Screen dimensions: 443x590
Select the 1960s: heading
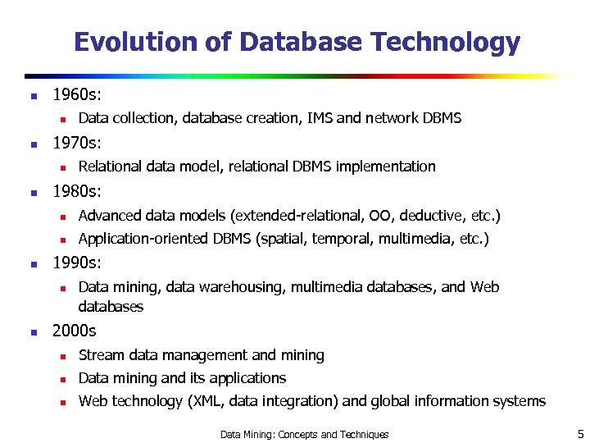tap(77, 95)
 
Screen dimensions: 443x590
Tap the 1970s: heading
tap(77, 144)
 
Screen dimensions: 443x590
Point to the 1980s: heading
tap(77, 193)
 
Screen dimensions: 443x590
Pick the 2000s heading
tap(74, 331)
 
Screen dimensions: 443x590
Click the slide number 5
tap(579, 434)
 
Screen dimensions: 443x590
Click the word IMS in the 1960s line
tap(320, 118)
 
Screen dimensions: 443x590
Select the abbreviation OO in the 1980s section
tap(380, 216)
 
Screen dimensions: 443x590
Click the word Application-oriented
tap(143, 239)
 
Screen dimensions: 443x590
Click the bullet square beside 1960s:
tap(33, 96)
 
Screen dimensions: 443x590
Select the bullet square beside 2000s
tap(33, 332)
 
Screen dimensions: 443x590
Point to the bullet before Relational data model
tap(61, 167)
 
